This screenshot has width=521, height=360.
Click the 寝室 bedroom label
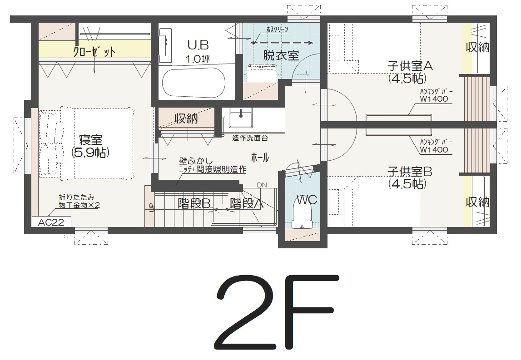pos(91,140)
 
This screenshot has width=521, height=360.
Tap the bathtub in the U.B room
pos(194,83)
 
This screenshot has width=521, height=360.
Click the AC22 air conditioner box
pos(51,222)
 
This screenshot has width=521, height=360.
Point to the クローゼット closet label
pos(94,51)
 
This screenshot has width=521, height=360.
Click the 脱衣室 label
pos(281,55)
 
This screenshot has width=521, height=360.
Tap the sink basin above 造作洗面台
pos(240,118)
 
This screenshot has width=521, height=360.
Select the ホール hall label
pos(260,158)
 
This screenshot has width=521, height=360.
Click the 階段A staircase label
pos(247,203)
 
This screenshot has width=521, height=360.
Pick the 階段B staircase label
pos(194,203)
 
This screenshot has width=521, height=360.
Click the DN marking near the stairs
pos(262,185)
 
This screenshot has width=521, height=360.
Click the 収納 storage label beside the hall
pos(186,118)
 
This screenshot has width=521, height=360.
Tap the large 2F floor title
pos(277,312)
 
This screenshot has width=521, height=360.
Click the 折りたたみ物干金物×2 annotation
pos(79,201)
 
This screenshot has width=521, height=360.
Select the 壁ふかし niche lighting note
pos(213,165)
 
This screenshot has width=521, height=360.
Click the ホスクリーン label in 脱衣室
pos(277,30)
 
